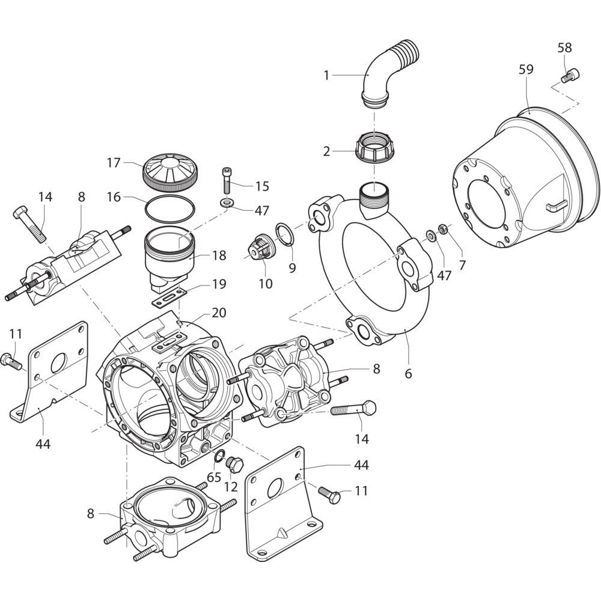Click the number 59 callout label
(x=525, y=69)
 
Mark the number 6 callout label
(x=408, y=373)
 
